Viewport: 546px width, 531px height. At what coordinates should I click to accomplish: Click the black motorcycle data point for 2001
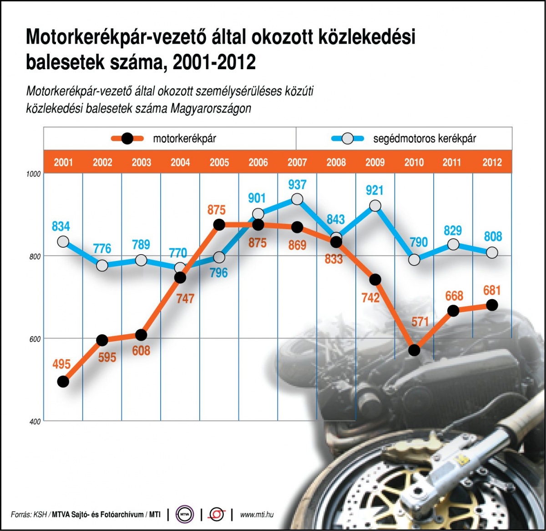pos(63,381)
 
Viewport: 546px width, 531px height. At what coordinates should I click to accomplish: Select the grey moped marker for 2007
pos(297,199)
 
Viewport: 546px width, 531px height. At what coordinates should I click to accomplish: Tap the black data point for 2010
pos(414,350)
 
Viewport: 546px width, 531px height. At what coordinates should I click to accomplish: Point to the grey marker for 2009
pos(375,206)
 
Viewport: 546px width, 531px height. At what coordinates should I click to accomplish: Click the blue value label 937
pos(297,185)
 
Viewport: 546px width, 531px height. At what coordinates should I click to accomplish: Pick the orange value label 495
pos(61,364)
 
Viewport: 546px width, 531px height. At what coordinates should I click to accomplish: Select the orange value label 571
pos(420,322)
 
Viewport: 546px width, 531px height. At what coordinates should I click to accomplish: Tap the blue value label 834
pos(61,226)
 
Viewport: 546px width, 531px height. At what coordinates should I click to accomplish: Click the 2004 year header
pos(180,163)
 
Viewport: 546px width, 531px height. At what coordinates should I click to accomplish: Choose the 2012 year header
pos(492,163)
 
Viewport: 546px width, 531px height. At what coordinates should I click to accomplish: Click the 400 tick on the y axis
pos(35,422)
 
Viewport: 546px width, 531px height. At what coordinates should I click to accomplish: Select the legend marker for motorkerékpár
pos(127,138)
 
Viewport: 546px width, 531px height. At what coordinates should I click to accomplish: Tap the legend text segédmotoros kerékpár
pos(425,138)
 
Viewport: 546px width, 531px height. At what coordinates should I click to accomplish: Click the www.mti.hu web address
pos(257,515)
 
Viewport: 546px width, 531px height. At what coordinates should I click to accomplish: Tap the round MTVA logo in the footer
pos(185,515)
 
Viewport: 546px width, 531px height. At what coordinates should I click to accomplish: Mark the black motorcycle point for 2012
pos(492,305)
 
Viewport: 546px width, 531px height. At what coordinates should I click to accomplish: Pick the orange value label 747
pos(185,299)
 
